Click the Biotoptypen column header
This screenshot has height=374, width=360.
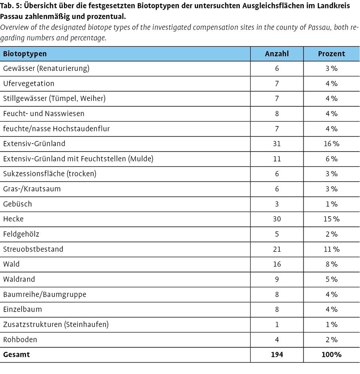25,54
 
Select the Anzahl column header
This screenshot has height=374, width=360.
277,54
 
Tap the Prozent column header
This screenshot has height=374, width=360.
331,54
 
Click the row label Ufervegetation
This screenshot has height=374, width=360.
29,84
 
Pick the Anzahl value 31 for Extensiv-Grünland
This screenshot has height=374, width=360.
277,144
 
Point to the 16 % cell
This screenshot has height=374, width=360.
331,144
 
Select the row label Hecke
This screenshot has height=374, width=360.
14,219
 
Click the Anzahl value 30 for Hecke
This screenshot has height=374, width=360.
277,219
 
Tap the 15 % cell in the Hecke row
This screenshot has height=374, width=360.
331,219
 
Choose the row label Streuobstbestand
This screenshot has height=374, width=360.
33,249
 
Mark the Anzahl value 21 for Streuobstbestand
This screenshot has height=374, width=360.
277,249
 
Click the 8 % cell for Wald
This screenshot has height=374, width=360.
331,264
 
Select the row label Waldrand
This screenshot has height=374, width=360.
19,279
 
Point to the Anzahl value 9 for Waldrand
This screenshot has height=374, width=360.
277,279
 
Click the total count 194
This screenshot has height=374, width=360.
277,354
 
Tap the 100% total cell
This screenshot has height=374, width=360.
331,354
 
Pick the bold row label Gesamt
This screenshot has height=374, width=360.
16,354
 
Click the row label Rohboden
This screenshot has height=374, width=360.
20,339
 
